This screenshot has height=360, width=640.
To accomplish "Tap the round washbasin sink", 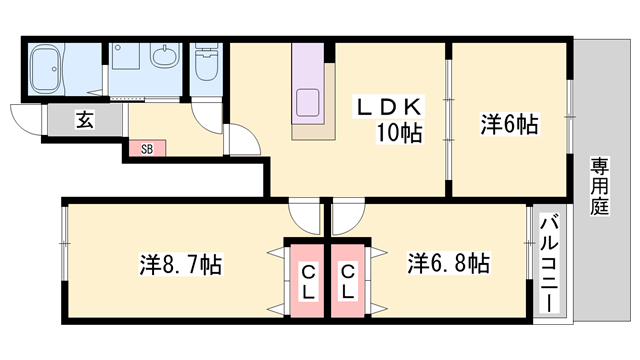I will [165, 56].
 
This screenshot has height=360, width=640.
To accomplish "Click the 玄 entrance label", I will [85, 121].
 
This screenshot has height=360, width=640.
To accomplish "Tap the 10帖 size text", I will [398, 131].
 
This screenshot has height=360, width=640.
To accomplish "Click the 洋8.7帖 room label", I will [180, 265].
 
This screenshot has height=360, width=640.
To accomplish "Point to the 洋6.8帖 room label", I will [447, 264].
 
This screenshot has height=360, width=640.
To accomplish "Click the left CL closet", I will [308, 279].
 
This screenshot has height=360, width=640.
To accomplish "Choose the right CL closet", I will [347, 279].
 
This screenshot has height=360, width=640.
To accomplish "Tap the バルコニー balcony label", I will [549, 265].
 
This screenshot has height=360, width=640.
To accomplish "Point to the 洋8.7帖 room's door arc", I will [301, 214].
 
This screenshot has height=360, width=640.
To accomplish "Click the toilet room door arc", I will [208, 115].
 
